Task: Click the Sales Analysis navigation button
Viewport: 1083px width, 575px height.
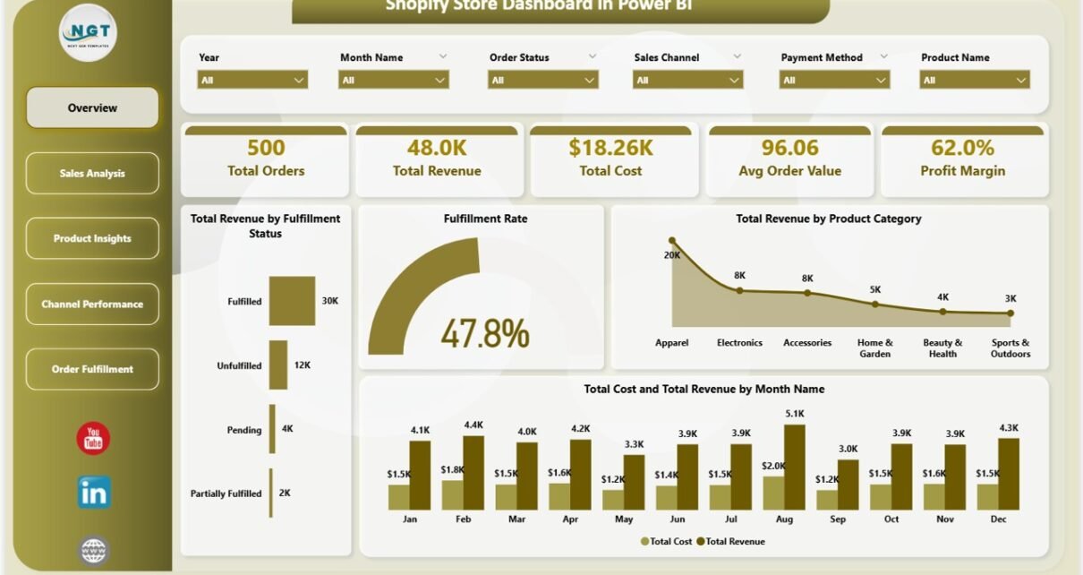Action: coord(92,173)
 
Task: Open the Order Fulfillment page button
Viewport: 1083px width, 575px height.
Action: coord(92,369)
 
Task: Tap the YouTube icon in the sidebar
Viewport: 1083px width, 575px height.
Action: coord(93,438)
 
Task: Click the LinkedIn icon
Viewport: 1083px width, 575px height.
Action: coord(93,493)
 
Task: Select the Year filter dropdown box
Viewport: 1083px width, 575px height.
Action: coord(252,80)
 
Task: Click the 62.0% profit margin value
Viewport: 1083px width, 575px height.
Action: coord(962,148)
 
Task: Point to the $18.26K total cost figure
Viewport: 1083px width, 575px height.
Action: coord(610,148)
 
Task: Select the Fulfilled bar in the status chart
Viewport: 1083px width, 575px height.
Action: coord(292,301)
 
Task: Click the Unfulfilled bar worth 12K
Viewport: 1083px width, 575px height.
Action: coord(278,365)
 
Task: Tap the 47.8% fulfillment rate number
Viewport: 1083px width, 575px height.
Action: coord(484,334)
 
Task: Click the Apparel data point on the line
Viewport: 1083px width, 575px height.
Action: coord(672,241)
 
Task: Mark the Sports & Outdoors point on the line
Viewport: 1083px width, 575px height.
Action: coord(1010,313)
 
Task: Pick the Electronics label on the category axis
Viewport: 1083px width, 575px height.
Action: coord(739,342)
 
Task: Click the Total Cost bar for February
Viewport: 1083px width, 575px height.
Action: coord(452,494)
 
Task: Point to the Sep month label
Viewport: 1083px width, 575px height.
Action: coord(838,519)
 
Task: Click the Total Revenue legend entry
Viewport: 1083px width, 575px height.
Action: coord(730,541)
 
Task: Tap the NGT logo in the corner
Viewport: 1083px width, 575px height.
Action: coord(88,33)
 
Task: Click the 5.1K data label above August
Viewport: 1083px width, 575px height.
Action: coord(794,414)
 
